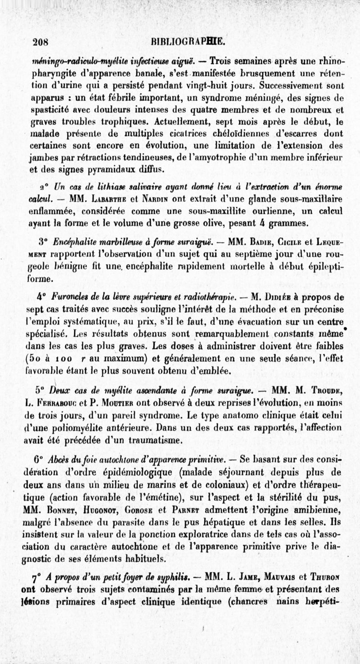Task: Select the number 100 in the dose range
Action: pos(63,359)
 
